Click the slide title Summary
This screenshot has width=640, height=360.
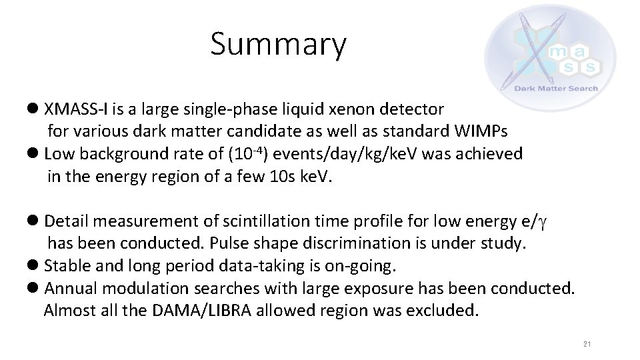(279, 45)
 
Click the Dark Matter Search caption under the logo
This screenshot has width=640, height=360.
(556, 88)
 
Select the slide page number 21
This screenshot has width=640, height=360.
(587, 344)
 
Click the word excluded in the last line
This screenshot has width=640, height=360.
(445, 311)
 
